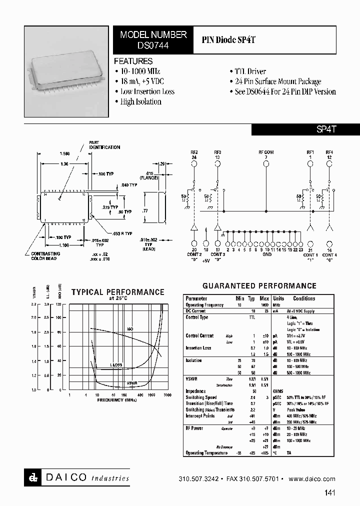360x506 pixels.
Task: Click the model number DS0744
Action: point(153,44)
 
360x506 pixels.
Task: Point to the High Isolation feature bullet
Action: point(141,101)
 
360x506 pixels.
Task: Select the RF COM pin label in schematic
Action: point(265,152)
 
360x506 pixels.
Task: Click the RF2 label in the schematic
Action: point(194,152)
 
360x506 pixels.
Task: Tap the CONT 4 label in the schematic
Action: point(329,255)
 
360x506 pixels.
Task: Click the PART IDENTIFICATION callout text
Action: point(104,145)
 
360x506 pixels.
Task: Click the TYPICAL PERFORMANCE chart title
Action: point(117,292)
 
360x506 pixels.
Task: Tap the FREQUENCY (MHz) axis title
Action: point(117,400)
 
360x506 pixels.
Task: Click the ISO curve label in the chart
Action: point(129,329)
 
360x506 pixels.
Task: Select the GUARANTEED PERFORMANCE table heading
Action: point(259,286)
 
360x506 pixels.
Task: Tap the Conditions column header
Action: point(304,298)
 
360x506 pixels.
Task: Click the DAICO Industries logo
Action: point(76,477)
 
